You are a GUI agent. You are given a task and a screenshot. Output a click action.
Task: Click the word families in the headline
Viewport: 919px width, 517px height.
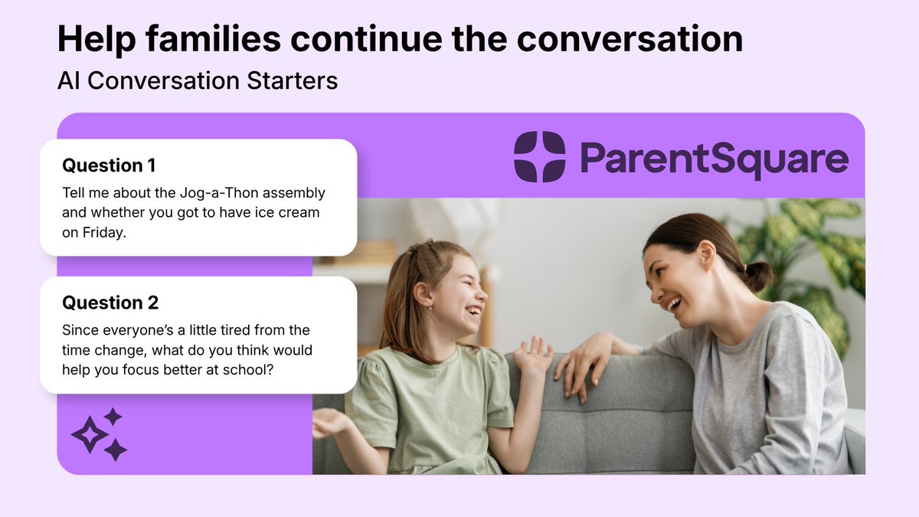click(213, 39)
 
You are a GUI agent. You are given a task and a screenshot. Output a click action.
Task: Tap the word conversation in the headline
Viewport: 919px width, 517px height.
click(630, 39)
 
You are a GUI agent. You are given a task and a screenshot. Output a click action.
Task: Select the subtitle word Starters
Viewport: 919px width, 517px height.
click(292, 80)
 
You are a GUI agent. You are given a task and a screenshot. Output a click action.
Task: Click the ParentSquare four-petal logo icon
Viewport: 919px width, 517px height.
click(539, 156)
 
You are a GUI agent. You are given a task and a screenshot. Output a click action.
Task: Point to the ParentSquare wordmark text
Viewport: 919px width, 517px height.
click(715, 159)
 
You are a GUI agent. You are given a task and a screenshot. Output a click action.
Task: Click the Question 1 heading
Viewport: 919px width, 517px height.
click(109, 165)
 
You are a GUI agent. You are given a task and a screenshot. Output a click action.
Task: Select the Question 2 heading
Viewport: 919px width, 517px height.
click(110, 303)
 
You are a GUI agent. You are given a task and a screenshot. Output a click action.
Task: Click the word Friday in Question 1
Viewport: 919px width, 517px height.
click(104, 233)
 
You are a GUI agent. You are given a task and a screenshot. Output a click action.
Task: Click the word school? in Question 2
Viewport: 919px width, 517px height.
click(247, 370)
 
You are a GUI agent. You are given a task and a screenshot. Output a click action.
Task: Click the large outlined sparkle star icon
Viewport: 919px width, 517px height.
click(90, 434)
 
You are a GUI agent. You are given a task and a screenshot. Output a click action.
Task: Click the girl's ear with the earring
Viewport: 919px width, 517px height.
click(424, 296)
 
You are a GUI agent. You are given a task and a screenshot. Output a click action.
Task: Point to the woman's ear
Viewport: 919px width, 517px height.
click(708, 256)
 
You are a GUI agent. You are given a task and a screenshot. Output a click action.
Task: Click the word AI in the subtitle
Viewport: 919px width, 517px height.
click(68, 80)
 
